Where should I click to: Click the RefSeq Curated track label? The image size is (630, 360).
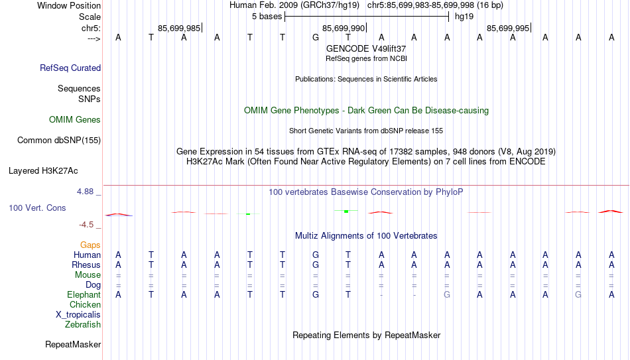pyautogui.click(x=70, y=68)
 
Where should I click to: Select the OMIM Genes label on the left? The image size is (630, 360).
pyautogui.click(x=75, y=120)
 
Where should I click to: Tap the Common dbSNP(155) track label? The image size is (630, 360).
pyautogui.click(x=59, y=141)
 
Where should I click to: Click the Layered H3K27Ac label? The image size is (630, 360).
pyautogui.click(x=43, y=171)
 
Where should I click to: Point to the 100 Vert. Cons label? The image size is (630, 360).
pyautogui.click(x=37, y=208)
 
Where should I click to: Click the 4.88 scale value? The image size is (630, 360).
pyautogui.click(x=86, y=192)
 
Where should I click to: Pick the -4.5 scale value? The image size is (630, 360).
pyautogui.click(x=86, y=225)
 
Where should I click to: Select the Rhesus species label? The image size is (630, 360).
pyautogui.click(x=86, y=265)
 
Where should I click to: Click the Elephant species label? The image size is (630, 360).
pyautogui.click(x=84, y=295)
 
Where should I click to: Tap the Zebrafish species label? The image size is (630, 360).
pyautogui.click(x=83, y=325)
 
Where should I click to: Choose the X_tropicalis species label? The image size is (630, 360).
pyautogui.click(x=78, y=315)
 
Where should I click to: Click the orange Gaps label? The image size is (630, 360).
pyautogui.click(x=90, y=245)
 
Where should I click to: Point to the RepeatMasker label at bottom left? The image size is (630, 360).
pyautogui.click(x=73, y=344)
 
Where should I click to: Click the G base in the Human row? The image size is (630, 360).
pyautogui.click(x=316, y=255)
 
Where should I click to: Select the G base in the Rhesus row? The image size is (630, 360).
pyautogui.click(x=316, y=265)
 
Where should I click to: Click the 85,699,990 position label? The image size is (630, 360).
pyautogui.click(x=344, y=28)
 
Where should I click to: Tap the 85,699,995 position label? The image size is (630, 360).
pyautogui.click(x=508, y=28)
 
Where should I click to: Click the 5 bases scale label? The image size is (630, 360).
pyautogui.click(x=267, y=17)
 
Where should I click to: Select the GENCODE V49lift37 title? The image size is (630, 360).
pyautogui.click(x=366, y=48)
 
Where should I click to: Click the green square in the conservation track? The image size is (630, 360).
pyautogui.click(x=346, y=211)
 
